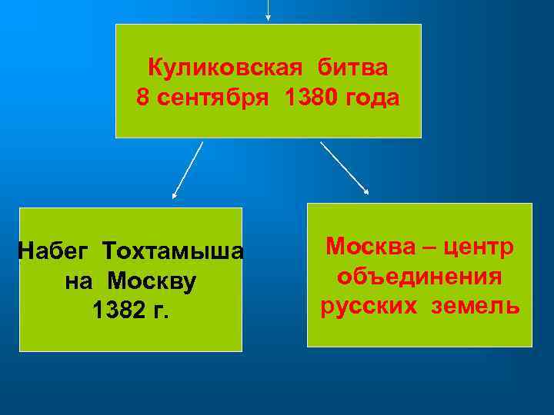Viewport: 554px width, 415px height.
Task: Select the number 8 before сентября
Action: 142,98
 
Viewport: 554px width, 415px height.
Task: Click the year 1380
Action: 310,98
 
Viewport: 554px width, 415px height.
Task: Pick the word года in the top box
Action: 373,98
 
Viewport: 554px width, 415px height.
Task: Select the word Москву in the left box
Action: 152,281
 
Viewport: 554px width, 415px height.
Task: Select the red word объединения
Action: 419,277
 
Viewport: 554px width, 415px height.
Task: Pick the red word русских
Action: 367,306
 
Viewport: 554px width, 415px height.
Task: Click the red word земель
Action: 475,306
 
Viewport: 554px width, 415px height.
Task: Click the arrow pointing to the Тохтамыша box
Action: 187,170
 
